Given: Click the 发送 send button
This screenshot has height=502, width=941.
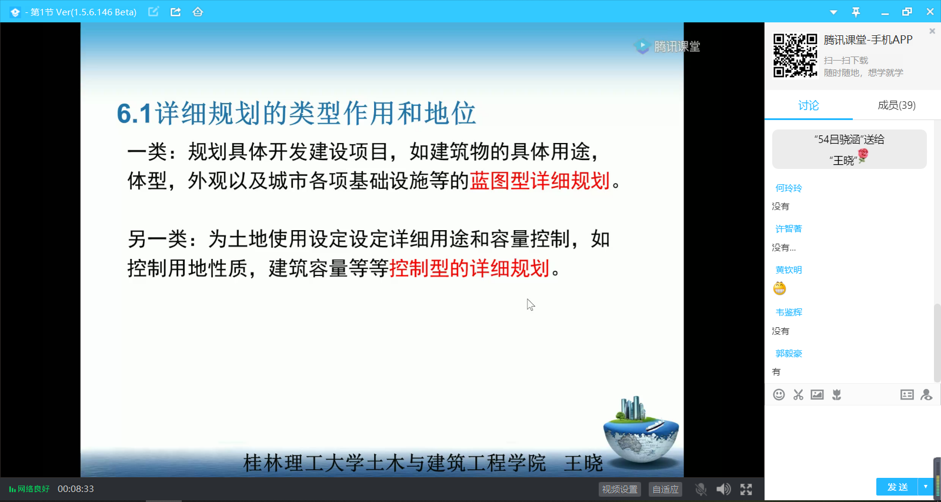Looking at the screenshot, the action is pyautogui.click(x=897, y=487).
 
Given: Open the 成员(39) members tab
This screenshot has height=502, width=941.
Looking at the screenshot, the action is pyautogui.click(x=896, y=105).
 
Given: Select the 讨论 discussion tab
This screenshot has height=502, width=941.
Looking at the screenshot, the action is pyautogui.click(x=808, y=105).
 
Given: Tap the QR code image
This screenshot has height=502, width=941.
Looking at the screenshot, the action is pyautogui.click(x=795, y=55).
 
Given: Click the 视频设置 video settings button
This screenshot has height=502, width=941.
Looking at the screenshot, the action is pyautogui.click(x=620, y=489).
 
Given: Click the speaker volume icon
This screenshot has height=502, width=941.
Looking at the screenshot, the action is pyautogui.click(x=723, y=489).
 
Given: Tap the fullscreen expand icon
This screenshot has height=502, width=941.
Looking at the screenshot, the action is pyautogui.click(x=746, y=489).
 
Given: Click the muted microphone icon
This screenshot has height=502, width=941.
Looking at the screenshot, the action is pyautogui.click(x=700, y=489).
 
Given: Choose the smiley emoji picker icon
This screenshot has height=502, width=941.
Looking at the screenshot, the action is pyautogui.click(x=779, y=394).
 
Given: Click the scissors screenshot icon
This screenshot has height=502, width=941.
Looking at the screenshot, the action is pyautogui.click(x=798, y=394).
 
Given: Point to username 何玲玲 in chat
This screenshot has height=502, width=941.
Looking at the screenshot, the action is pyautogui.click(x=789, y=188).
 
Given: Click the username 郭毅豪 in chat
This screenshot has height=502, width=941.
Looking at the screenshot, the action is pyautogui.click(x=789, y=353).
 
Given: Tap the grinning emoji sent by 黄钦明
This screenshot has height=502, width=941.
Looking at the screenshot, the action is pyautogui.click(x=779, y=288).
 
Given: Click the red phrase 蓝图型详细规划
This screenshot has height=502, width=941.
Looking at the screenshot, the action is pyautogui.click(x=539, y=181).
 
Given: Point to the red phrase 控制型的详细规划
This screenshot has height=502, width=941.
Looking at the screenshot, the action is pyautogui.click(x=469, y=268).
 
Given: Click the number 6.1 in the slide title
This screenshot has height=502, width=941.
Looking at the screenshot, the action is pyautogui.click(x=134, y=114).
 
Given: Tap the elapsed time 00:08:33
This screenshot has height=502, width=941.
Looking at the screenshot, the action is pyautogui.click(x=76, y=488).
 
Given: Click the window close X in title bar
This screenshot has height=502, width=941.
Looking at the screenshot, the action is pyautogui.click(x=930, y=12).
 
